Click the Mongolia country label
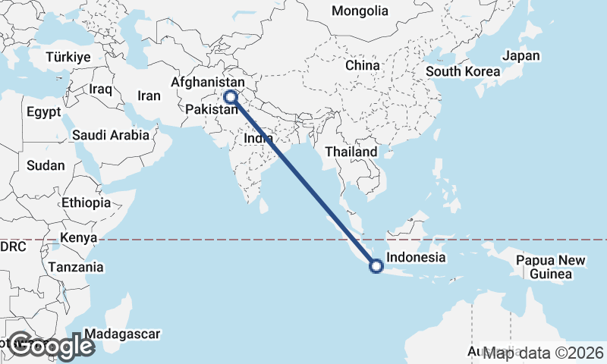tap(360, 11)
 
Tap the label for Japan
tap(521, 56)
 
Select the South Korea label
tap(462, 72)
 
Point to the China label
tap(362, 66)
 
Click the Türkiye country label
tap(68, 58)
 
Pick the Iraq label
tap(100, 89)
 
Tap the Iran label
tap(149, 96)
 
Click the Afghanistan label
tap(209, 82)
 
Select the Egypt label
tap(43, 111)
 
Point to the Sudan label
tap(46, 165)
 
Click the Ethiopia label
tap(86, 203)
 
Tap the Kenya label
tap(79, 238)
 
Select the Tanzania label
tap(75, 268)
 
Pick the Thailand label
tap(351, 152)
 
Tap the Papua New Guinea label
tap(551, 267)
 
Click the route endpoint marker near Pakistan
tap(230, 97)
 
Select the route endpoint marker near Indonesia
tap(375, 265)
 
